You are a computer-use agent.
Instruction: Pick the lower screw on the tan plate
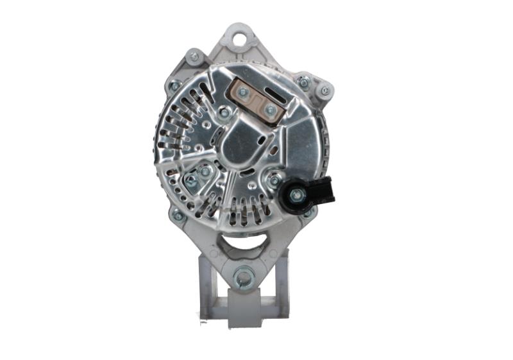click(271, 110)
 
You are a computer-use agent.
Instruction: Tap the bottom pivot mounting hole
click(243, 278)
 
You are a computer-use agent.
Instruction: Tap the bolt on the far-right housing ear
click(324, 90)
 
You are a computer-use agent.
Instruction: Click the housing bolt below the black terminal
click(308, 212)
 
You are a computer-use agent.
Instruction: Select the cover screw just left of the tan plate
click(224, 114)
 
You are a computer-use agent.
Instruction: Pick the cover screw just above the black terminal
click(275, 180)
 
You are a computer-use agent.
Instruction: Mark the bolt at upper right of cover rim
click(304, 82)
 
